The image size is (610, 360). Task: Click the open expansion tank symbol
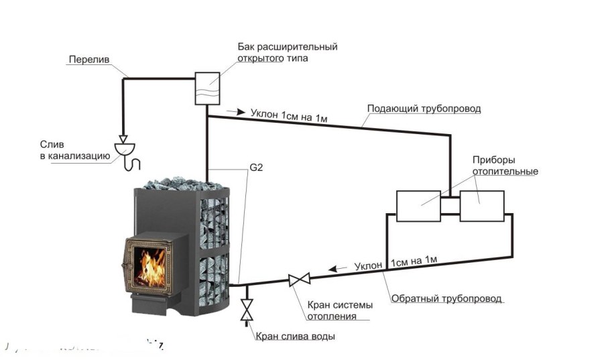click(x=207, y=88)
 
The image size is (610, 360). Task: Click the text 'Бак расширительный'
click(x=287, y=48)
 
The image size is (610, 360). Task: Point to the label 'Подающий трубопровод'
click(x=424, y=108)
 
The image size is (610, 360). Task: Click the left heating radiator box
click(x=418, y=206)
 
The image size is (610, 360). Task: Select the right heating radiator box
click(x=481, y=206)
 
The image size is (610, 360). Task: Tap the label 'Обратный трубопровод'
click(x=446, y=298)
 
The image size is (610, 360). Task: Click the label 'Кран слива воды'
click(x=295, y=336)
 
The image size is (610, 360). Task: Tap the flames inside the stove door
click(x=153, y=265)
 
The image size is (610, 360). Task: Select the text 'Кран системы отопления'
click(x=340, y=310)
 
